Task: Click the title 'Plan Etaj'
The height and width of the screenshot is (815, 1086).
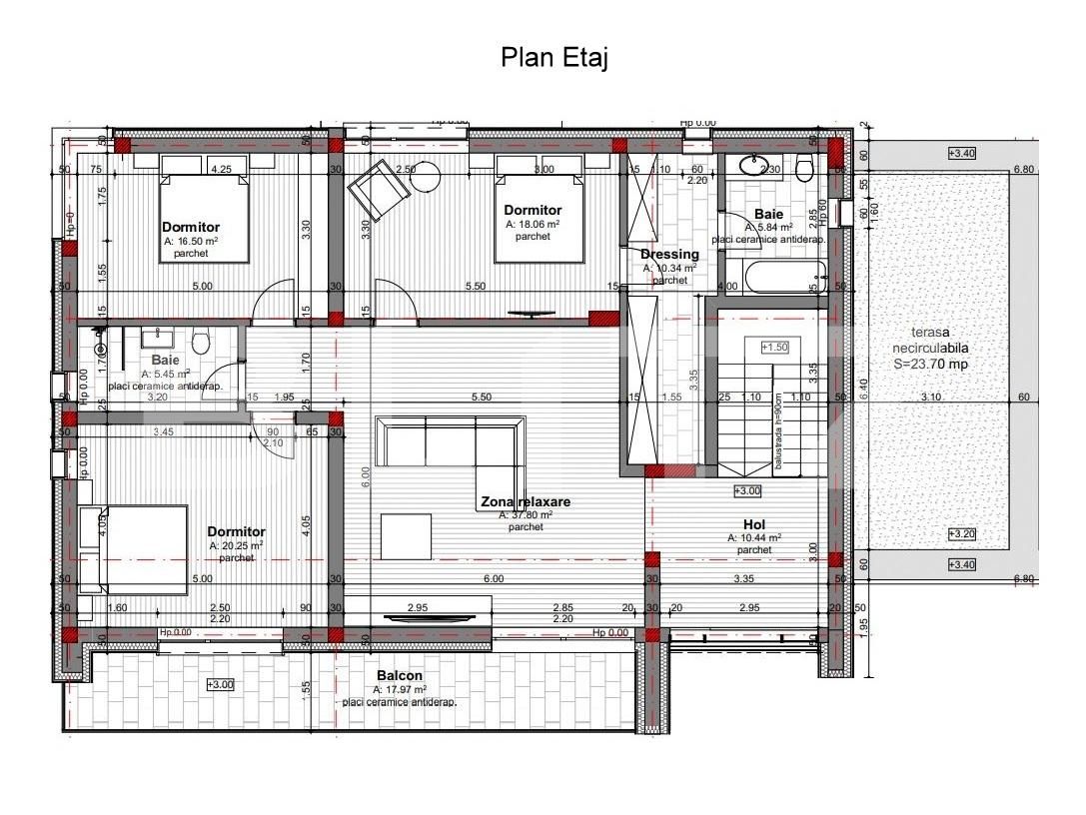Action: click(x=553, y=58)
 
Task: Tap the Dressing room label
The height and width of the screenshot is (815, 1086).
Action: click(x=669, y=254)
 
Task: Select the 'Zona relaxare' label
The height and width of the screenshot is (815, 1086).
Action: click(x=526, y=501)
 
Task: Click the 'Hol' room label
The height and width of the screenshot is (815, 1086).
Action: click(x=754, y=524)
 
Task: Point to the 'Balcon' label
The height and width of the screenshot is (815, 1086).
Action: click(x=400, y=676)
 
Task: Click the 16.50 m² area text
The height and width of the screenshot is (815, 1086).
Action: click(x=191, y=241)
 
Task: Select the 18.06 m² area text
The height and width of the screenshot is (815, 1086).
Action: click(x=533, y=225)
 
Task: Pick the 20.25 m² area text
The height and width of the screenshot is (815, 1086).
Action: click(x=236, y=546)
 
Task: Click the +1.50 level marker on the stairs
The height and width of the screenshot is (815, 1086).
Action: click(x=774, y=347)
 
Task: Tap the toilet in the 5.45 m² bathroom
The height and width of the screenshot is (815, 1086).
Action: click(x=200, y=343)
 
